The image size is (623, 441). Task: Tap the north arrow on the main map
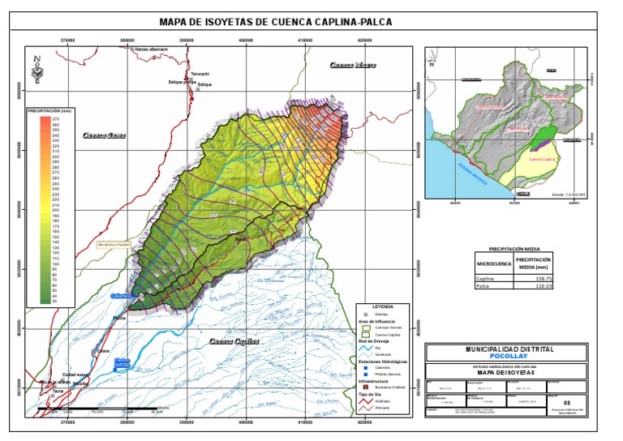[37, 70]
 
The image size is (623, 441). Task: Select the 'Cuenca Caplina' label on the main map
[234, 341]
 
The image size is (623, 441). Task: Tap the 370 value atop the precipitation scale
[56, 119]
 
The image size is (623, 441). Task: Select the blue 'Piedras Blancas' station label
[122, 362]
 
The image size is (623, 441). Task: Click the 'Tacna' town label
[58, 391]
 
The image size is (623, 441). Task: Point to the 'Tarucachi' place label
[200, 74]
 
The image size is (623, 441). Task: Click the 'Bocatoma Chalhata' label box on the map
[114, 243]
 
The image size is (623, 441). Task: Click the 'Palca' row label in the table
[484, 285]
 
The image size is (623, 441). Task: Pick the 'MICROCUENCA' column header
[493, 263]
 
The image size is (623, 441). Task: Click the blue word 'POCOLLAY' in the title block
[509, 356]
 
